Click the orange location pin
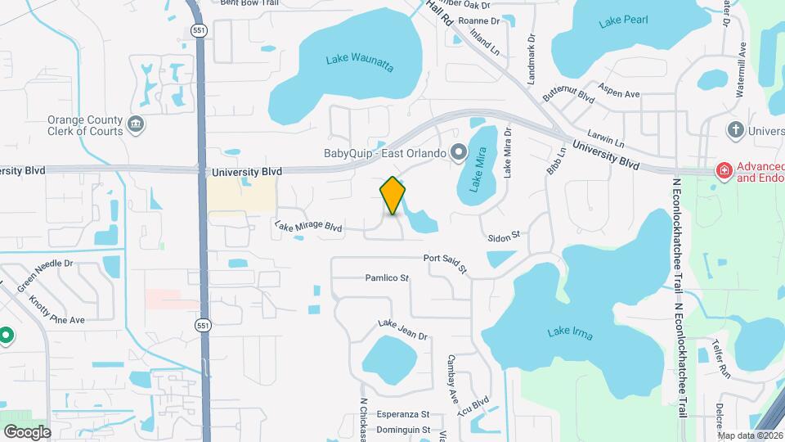tap(392, 195)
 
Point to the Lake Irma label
tap(570, 333)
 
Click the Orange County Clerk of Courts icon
tap(136, 125)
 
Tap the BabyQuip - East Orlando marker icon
tap(459, 152)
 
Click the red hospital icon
tap(723, 171)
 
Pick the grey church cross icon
tap(735, 130)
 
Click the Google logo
tap(27, 431)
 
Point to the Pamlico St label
tap(387, 278)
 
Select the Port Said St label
tap(445, 262)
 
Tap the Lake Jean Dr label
tap(402, 329)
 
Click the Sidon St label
tap(504, 237)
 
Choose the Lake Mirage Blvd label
tap(308, 226)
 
